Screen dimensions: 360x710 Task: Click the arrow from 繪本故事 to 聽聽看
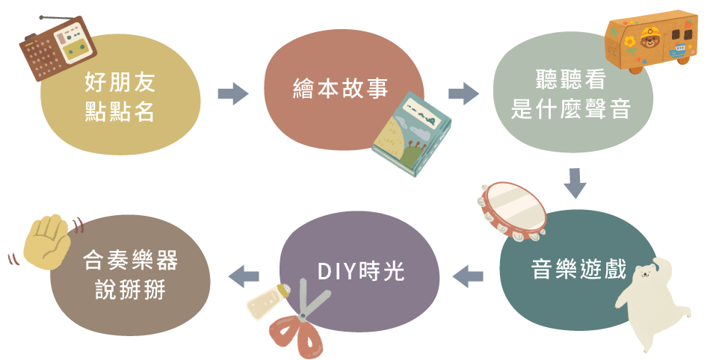click(x=463, y=94)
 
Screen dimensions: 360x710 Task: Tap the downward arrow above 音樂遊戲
click(x=574, y=184)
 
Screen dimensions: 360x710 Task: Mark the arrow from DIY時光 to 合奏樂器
click(x=243, y=275)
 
